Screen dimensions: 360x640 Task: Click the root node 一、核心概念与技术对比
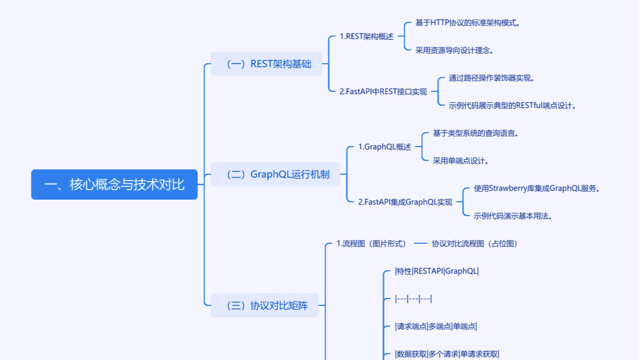[x=114, y=185]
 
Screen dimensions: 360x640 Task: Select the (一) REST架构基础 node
[x=267, y=64]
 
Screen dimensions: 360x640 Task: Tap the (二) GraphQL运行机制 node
[x=275, y=174]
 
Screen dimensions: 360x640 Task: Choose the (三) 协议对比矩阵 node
[x=264, y=305]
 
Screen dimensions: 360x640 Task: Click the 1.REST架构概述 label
[x=366, y=37]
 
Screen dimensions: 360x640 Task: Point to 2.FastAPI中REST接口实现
[x=383, y=91]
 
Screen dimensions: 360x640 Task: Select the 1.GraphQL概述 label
[x=385, y=147]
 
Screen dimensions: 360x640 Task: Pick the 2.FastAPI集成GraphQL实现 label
[x=405, y=202]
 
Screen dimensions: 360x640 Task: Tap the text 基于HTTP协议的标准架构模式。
[x=467, y=23]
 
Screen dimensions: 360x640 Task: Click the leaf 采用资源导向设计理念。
[x=455, y=50]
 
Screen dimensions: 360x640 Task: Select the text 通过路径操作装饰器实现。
[x=491, y=78]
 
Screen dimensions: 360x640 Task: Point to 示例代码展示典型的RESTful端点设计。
[x=512, y=106]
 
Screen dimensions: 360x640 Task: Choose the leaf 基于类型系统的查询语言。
[x=475, y=133]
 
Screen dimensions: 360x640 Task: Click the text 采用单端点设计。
[x=460, y=161]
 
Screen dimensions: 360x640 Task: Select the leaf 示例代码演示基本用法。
[x=513, y=216]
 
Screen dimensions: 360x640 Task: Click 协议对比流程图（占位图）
[x=474, y=244]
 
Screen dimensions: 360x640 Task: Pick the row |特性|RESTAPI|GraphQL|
[x=437, y=271]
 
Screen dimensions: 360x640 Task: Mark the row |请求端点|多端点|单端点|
[x=436, y=327]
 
